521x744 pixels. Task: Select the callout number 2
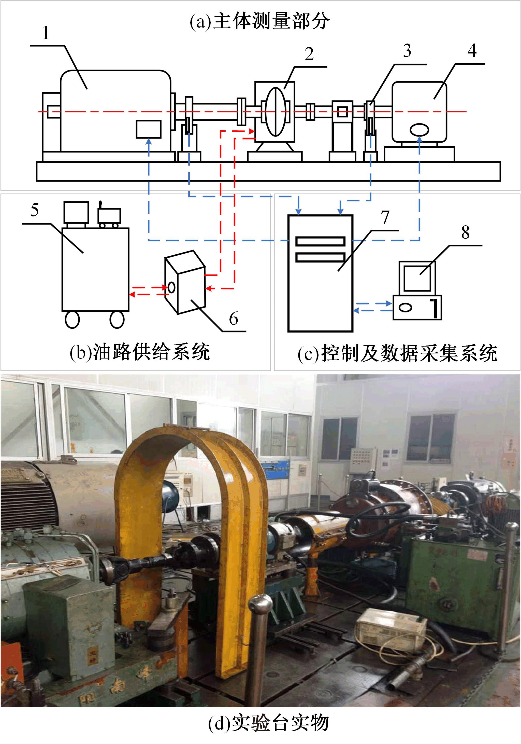coord(309,54)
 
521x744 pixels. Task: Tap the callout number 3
coord(407,51)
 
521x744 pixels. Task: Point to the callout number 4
coord(472,51)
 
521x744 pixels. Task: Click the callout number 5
coord(35,210)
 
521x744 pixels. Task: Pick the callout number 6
coord(234,318)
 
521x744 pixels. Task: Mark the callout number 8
coord(465,232)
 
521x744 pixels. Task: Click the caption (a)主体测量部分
coord(260,21)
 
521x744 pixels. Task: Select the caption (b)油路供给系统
coord(140,352)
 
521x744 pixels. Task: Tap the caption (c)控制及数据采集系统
coord(397,353)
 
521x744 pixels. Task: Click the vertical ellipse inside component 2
coord(275,112)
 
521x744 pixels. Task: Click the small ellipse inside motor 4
coord(419,130)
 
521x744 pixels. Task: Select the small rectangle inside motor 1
coord(149,129)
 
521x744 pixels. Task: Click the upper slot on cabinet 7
coord(320,241)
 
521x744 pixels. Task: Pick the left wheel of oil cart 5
coord(72,320)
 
